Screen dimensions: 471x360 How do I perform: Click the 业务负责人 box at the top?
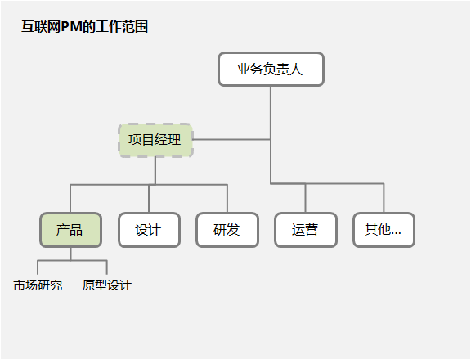pyautogui.click(x=271, y=69)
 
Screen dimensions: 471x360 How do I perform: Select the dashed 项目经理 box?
pyautogui.click(x=155, y=140)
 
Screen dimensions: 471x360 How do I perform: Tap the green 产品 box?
pyautogui.click(x=70, y=230)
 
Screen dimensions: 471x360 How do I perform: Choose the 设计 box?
pyautogui.click(x=149, y=230)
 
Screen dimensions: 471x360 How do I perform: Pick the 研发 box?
pyautogui.click(x=227, y=230)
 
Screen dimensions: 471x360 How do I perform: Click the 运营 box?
pyautogui.click(x=306, y=230)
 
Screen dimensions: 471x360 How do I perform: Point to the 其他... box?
pyautogui.click(x=384, y=230)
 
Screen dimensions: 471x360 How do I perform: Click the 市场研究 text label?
pyautogui.click(x=38, y=286)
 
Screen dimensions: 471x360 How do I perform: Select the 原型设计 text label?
pyautogui.click(x=107, y=286)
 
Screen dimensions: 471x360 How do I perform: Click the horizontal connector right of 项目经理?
pyautogui.click(x=231, y=139)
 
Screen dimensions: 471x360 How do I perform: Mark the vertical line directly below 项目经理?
pyautogui.click(x=155, y=171)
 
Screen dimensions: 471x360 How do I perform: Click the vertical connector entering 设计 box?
pyautogui.click(x=149, y=199)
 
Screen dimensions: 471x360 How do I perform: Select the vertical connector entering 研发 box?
pyautogui.click(x=227, y=199)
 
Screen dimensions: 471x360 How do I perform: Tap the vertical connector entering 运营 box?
pyautogui.click(x=306, y=198)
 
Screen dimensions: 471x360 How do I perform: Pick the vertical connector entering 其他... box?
pyautogui.click(x=384, y=198)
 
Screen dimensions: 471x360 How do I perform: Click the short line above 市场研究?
pyautogui.click(x=38, y=268)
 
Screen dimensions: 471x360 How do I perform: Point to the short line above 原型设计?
pyautogui.click(x=106, y=268)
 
